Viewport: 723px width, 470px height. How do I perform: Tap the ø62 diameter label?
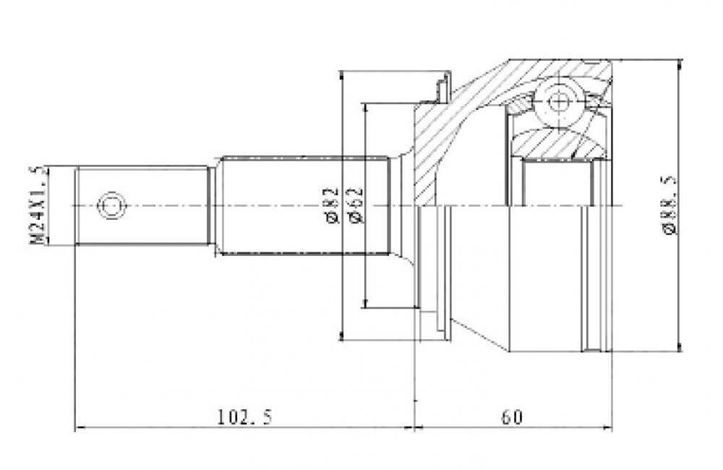click(x=356, y=205)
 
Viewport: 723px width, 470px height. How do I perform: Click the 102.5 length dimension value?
click(x=245, y=417)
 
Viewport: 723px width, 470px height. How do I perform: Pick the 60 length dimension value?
click(x=513, y=417)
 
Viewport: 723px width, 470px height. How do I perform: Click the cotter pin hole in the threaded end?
click(x=111, y=205)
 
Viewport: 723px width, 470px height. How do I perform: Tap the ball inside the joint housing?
click(x=559, y=102)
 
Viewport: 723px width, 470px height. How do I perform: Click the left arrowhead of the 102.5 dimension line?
click(x=80, y=428)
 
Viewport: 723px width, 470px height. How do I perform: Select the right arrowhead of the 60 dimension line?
click(x=607, y=428)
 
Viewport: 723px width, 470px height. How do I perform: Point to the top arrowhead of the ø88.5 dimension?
click(x=680, y=65)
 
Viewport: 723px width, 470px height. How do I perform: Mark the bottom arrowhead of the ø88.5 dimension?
click(x=680, y=346)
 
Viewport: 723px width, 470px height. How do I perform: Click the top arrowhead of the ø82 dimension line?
click(x=341, y=77)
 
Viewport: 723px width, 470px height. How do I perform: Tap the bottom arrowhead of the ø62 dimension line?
click(x=366, y=302)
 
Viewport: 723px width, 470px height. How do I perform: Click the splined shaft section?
click(x=304, y=205)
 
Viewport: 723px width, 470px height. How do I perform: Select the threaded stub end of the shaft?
click(x=141, y=205)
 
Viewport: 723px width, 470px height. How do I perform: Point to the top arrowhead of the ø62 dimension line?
click(x=366, y=109)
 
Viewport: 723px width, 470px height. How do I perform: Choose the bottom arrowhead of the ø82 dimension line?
click(x=341, y=335)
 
